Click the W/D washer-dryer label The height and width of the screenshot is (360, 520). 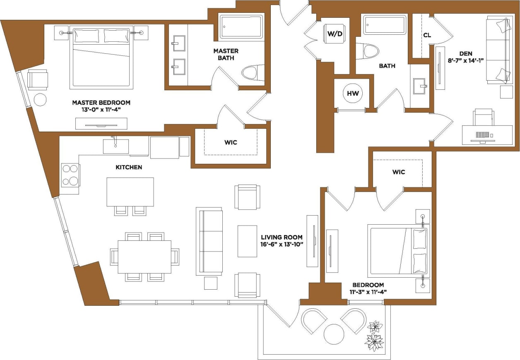point(335,34)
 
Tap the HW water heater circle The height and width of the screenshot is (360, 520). point(353,94)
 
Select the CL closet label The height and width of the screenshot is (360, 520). point(427,36)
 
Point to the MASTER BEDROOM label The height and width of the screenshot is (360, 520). point(101,103)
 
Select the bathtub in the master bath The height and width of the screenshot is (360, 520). point(241,27)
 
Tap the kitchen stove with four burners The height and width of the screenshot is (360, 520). point(70,175)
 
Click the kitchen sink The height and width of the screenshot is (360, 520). point(116,146)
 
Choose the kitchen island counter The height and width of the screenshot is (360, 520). point(130,192)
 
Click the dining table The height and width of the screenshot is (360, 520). point(144,257)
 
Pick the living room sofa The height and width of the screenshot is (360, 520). point(209,241)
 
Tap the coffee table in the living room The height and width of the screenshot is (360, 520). point(248,241)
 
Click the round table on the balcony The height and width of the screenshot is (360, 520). point(334,334)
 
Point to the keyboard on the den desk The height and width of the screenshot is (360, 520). point(482,135)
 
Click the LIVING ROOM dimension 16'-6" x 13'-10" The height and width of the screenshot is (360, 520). point(282,244)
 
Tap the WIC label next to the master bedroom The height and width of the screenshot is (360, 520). point(231,142)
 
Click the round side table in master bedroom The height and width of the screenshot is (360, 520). point(40,100)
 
